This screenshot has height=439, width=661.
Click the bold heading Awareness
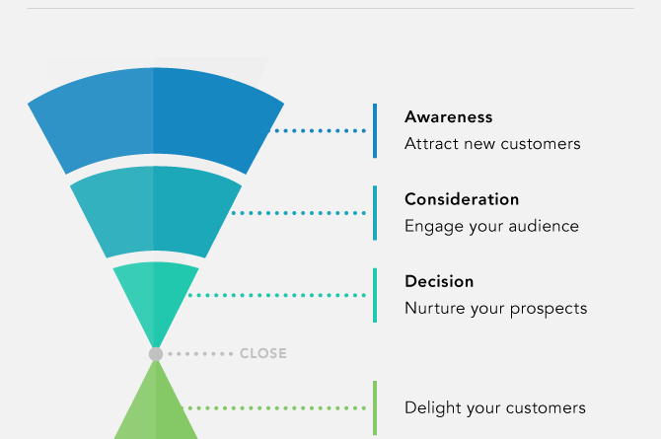click(x=448, y=117)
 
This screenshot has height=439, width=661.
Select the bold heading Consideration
click(x=462, y=199)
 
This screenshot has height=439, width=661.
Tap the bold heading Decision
click(x=439, y=282)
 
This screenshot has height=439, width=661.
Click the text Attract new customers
click(x=492, y=144)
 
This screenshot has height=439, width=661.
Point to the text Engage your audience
click(x=491, y=227)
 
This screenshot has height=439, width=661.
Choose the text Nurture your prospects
click(x=495, y=309)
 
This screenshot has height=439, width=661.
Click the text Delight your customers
click(x=495, y=408)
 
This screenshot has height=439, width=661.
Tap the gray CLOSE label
click(x=263, y=353)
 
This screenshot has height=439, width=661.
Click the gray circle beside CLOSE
click(x=156, y=354)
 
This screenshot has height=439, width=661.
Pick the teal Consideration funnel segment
click(x=156, y=209)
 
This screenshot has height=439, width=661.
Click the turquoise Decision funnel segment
click(x=156, y=295)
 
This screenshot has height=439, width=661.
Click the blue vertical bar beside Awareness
click(x=375, y=131)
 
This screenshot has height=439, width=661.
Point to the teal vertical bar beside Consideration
click(x=375, y=213)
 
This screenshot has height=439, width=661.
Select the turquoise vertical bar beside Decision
click(x=375, y=295)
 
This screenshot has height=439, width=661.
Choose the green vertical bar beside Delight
click(x=375, y=407)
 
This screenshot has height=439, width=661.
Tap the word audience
click(x=544, y=227)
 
